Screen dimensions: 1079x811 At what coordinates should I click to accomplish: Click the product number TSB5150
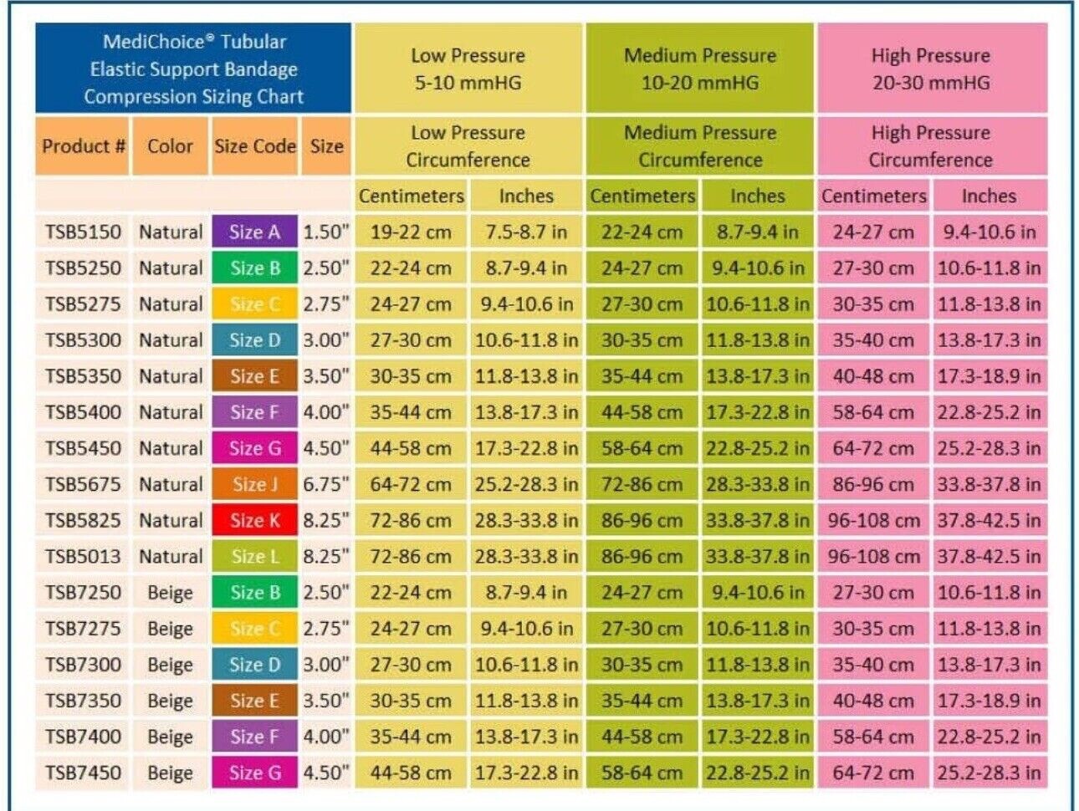coord(83,232)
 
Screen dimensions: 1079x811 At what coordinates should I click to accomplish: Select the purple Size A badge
coord(254,232)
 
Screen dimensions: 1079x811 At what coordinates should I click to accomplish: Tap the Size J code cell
coord(254,484)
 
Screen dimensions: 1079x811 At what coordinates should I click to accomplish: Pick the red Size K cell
coord(254,520)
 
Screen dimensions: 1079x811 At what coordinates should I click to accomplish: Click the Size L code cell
coord(254,556)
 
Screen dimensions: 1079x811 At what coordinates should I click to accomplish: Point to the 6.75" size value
coord(326,484)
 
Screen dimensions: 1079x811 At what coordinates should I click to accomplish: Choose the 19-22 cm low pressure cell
coord(411,232)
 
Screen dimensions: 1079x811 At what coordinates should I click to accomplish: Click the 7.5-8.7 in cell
coord(526,232)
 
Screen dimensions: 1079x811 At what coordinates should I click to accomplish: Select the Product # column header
coord(83,145)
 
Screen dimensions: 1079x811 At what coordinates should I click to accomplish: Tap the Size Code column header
coord(254,145)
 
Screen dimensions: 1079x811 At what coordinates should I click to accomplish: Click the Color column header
coord(170,145)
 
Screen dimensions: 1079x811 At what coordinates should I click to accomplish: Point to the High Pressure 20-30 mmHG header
coord(932,69)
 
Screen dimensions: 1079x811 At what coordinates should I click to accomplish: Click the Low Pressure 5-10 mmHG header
coord(468,69)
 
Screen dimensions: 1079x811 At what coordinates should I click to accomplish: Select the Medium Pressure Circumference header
coord(700,145)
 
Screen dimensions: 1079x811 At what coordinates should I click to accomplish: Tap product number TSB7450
coord(83,773)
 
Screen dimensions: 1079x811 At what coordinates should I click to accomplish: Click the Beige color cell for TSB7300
coord(170,665)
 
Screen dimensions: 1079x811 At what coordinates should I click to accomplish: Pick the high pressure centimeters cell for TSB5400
coord(873,412)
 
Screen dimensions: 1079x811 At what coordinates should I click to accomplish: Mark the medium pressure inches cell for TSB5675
coord(758,484)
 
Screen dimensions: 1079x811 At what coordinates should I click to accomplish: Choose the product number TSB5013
coord(83,557)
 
